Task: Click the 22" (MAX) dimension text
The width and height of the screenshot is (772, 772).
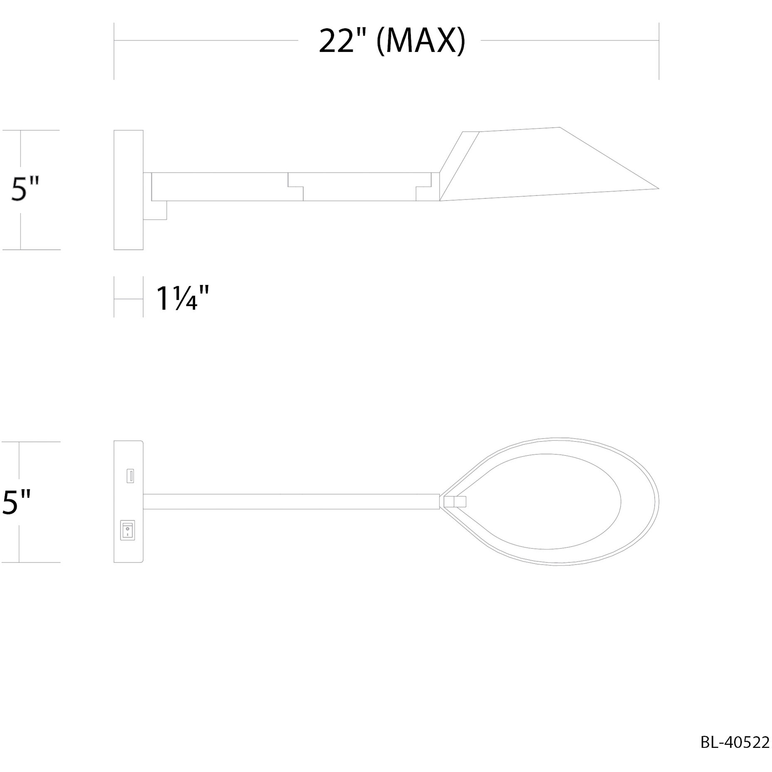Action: pos(391,42)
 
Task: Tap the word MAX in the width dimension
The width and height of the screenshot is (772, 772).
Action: pos(420,42)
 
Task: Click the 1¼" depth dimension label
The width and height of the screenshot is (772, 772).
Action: pos(182,299)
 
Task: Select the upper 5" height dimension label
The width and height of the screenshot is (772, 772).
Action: pos(25,189)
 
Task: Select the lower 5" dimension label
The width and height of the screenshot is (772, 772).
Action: pos(17,502)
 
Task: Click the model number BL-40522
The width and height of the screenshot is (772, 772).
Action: pos(735,742)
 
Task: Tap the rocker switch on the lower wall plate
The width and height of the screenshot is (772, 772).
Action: pos(127,530)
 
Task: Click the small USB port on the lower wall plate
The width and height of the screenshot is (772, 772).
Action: pos(130,476)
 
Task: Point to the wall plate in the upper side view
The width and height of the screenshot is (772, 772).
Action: pos(129,190)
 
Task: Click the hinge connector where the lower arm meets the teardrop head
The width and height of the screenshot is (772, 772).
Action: pos(455,502)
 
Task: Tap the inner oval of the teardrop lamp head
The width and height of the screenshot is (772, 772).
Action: pos(553,501)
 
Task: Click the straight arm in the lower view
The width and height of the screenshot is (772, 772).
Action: pos(291,502)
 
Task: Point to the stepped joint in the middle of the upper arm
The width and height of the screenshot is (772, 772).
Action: pos(296,187)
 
